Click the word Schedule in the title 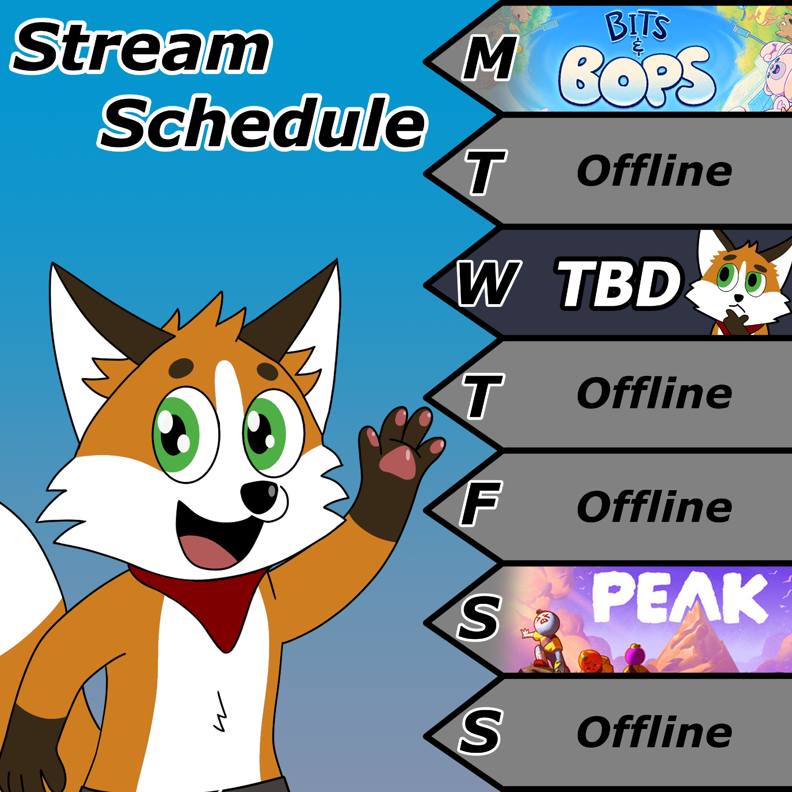click(263, 122)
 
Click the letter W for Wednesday click(489, 283)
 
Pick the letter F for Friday click(480, 504)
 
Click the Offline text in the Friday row click(654, 507)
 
